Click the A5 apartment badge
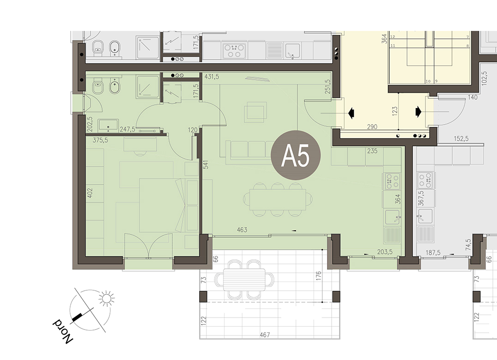coord(296,155)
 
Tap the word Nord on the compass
coord(62,331)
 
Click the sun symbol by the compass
coord(107,298)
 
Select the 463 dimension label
coord(242,230)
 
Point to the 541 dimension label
coord(206,164)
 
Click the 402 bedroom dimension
coord(90,193)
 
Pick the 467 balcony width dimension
coord(264,335)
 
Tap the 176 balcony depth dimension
coord(319,275)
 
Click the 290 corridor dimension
coord(372,126)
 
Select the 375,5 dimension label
coord(100,140)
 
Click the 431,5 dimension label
coord(212,77)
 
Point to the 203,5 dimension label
coord(385,252)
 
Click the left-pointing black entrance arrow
coord(351,113)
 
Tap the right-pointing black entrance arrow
coord(418,111)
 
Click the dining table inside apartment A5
coord(278,200)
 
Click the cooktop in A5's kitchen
coord(392,181)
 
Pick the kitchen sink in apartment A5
coord(393,217)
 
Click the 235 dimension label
coord(372,151)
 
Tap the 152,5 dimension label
coord(461,138)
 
